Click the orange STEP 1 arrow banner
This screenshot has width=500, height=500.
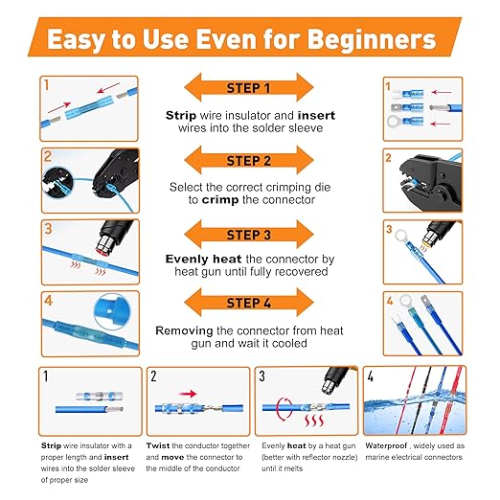tap(249, 87)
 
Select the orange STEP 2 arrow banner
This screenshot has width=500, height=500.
tap(249, 160)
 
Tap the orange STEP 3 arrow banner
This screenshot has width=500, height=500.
tap(249, 234)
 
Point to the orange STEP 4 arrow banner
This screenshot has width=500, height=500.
tap(249, 302)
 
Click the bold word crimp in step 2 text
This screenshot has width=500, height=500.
tap(220, 200)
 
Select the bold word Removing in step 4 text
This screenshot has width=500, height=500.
tap(184, 330)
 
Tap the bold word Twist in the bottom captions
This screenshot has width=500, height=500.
tap(158, 445)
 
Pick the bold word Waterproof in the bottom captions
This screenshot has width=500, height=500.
tap(386, 445)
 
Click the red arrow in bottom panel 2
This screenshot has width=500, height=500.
tap(188, 394)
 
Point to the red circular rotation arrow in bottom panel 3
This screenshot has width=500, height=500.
tap(283, 409)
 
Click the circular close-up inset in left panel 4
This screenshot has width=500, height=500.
tap(112, 311)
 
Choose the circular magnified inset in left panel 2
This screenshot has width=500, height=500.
tap(57, 184)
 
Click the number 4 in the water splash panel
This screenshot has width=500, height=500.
tap(371, 376)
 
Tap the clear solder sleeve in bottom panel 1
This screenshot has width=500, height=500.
tap(100, 397)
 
